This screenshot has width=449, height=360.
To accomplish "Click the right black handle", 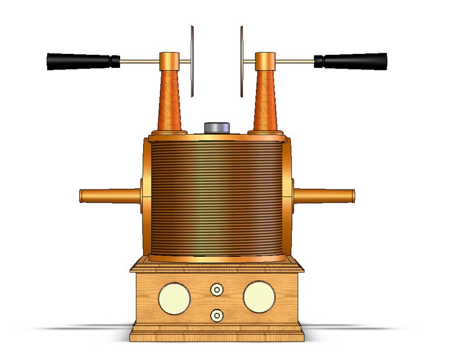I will pyautogui.click(x=351, y=61).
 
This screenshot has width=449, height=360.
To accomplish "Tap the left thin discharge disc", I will pyautogui.click(x=192, y=61).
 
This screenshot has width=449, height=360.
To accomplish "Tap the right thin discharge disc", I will pyautogui.click(x=242, y=61).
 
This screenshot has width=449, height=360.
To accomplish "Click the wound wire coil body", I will pyautogui.click(x=217, y=196).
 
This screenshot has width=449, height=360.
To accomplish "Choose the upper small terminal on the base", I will pyautogui.click(x=217, y=290).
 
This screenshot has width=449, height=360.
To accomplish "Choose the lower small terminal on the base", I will pyautogui.click(x=217, y=315).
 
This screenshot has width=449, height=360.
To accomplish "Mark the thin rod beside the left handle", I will pyautogui.click(x=140, y=61).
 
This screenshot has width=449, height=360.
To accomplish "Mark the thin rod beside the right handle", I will pyautogui.click(x=295, y=61).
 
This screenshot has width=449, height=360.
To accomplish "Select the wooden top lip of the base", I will pyautogui.click(x=217, y=267).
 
